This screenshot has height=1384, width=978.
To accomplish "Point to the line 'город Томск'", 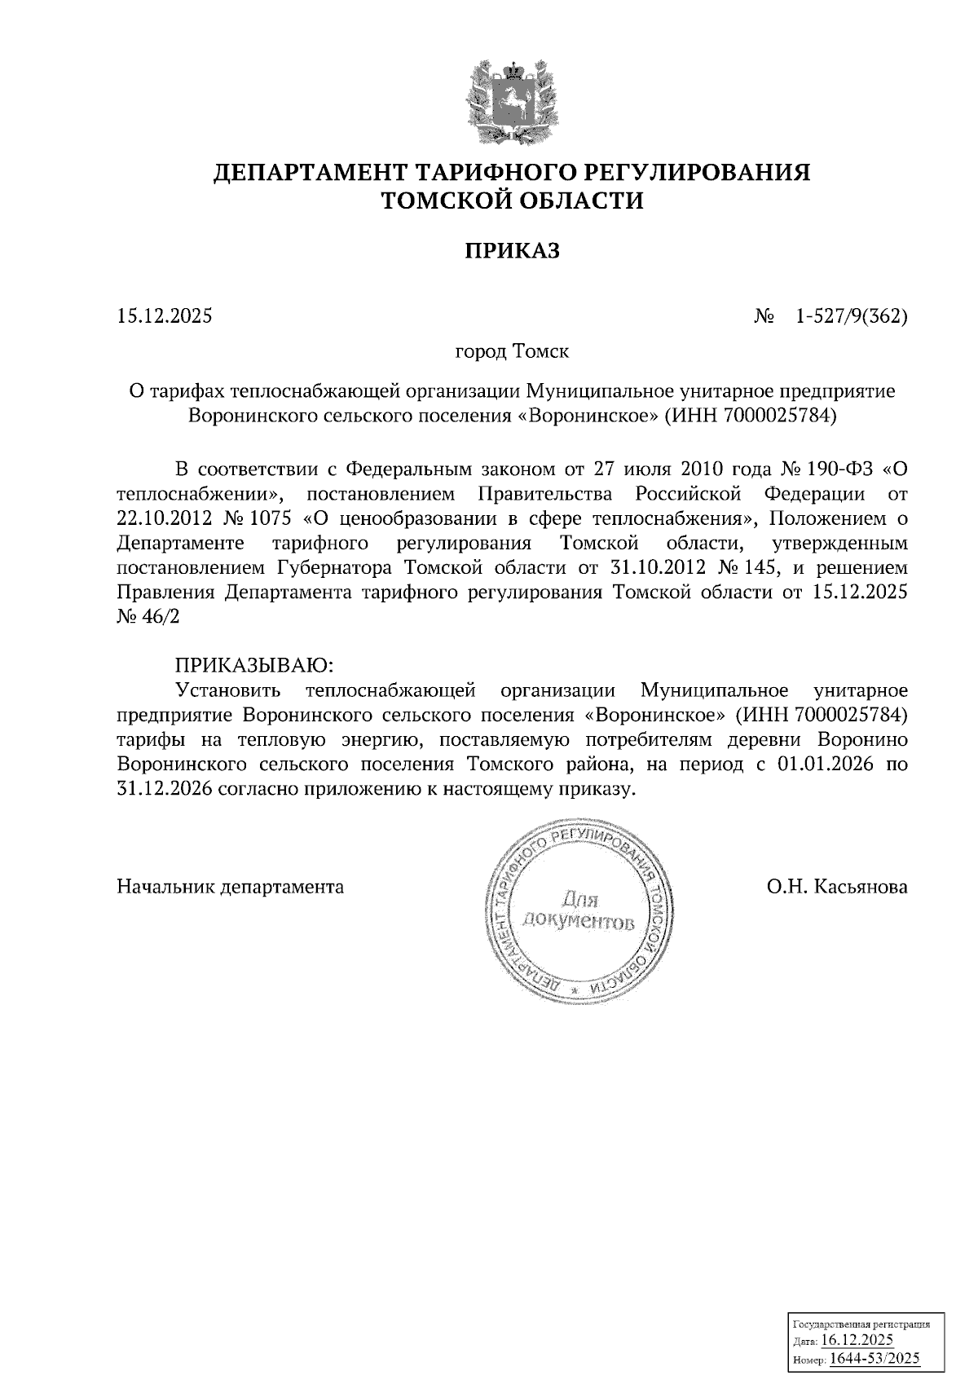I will coord(512,352).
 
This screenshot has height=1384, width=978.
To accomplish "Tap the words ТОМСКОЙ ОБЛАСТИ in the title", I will coord(512,201).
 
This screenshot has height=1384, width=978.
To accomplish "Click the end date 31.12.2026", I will coord(165,790).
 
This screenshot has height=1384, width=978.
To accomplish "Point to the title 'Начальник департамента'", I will coord(231,887).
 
